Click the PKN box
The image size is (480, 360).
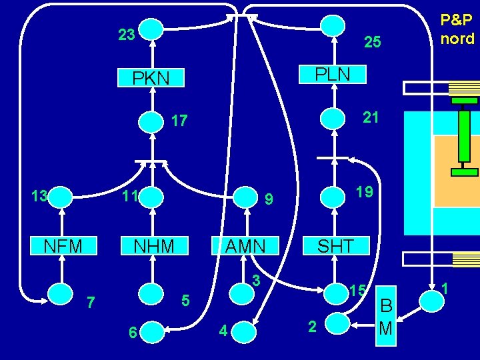[x=151, y=78]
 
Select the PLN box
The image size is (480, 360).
[x=332, y=73]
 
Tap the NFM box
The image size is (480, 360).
[x=63, y=246]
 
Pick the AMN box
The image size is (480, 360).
[x=245, y=246]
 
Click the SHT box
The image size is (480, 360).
[x=335, y=246]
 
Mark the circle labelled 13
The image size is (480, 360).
[x=62, y=197]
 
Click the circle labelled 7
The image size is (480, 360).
[x=62, y=293]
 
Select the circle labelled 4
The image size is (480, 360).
[x=244, y=331]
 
